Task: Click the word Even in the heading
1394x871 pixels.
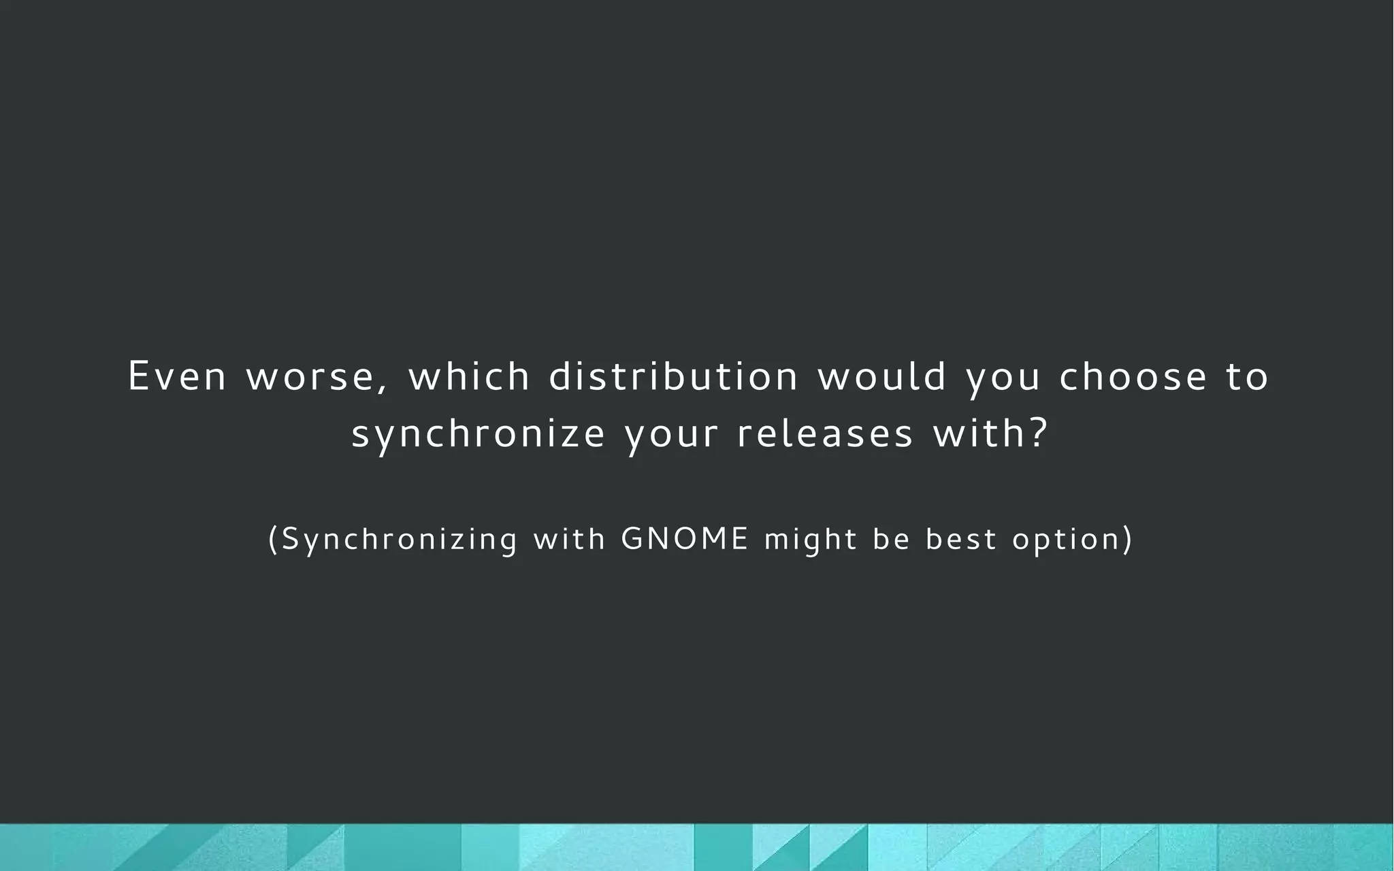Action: [177, 376]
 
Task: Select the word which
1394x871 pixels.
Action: [469, 376]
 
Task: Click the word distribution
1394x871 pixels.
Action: [674, 376]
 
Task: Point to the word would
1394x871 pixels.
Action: [882, 376]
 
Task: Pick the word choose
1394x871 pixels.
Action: [1133, 376]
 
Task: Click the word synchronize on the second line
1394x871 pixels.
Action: [478, 434]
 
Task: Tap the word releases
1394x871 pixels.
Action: [825, 434]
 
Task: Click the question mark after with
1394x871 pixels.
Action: [1037, 434]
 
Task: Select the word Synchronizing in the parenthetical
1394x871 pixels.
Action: [400, 539]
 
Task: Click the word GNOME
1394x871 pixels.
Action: [685, 539]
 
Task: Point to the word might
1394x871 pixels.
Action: [811, 540]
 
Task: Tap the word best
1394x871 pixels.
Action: [961, 539]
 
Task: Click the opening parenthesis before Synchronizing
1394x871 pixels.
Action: [274, 539]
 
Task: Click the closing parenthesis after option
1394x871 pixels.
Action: [1128, 539]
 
